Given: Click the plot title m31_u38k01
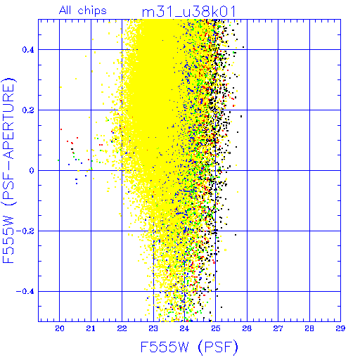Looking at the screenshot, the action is (188, 11).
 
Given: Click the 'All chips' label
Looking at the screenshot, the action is (83, 11).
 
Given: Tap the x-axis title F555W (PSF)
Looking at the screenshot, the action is (189, 347).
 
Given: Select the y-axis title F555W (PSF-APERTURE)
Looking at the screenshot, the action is (9, 171).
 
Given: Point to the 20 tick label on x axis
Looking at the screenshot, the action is (60, 328).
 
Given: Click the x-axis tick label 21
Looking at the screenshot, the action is (91, 328).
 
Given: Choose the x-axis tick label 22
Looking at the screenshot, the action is (122, 328).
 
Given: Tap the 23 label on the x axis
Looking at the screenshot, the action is (153, 328).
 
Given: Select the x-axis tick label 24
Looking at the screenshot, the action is (184, 328).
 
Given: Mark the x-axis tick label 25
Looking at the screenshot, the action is (216, 328).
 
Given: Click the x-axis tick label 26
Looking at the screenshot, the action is (247, 328).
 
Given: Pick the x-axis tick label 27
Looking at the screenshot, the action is (278, 328).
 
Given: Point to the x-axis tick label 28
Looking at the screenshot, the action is (309, 328).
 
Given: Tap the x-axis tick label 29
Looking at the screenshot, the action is (340, 328).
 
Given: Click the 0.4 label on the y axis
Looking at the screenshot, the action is (28, 50).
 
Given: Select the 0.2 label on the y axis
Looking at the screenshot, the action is (28, 110).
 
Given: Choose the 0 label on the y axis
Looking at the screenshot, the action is (32, 171).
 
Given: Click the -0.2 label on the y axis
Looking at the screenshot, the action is (25, 231).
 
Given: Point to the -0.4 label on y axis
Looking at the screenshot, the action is (25, 292).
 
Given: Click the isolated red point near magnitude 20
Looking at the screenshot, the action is (61, 129).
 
